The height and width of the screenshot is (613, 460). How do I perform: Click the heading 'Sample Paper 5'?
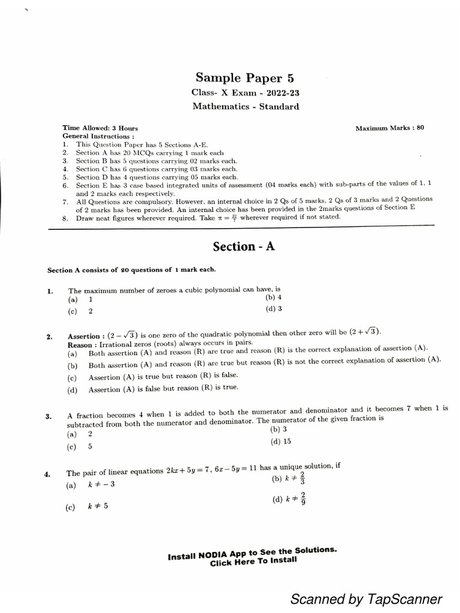point(245,78)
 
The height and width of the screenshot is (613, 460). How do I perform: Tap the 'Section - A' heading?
point(244,246)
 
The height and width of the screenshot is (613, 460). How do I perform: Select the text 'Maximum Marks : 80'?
point(389,128)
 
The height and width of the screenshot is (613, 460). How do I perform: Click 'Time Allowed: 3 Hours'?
point(100,128)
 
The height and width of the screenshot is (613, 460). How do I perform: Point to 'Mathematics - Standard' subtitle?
point(246,107)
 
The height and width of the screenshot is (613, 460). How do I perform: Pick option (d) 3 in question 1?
point(273,309)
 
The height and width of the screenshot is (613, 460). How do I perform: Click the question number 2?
point(50,337)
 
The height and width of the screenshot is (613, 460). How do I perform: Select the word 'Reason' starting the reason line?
point(80,345)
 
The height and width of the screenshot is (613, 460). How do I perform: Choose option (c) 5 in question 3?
point(80,446)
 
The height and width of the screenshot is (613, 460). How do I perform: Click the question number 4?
point(47,474)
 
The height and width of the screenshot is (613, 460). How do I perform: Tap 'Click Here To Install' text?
point(252,560)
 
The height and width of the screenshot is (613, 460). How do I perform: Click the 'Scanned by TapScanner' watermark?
point(366,599)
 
